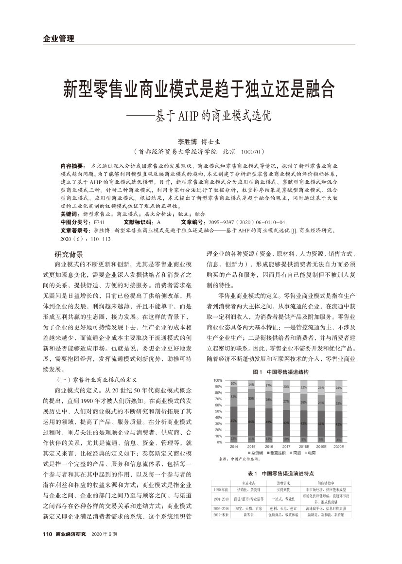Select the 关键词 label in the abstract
(70, 214)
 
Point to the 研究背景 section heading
(69, 254)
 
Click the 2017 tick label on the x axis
(286, 446)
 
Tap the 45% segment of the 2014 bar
(234, 421)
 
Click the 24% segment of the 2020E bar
(338, 388)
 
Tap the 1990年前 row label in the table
(221, 490)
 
